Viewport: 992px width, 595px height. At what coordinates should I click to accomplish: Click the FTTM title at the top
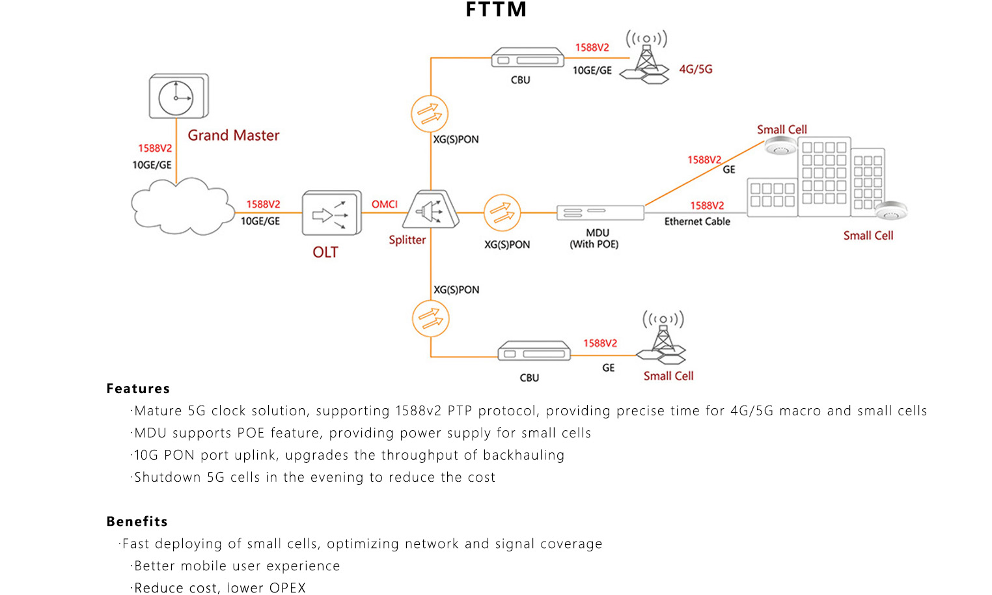pos(496,10)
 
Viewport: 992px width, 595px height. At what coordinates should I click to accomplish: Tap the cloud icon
pos(182,206)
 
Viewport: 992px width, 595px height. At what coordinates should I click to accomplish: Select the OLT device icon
pos(331,213)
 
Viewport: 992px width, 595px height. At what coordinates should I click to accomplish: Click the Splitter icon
pos(431,210)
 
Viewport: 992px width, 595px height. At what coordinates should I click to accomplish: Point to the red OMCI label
pos(384,204)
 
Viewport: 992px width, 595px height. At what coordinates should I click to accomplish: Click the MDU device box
pos(599,212)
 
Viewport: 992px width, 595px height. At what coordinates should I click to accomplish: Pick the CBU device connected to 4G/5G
pos(527,59)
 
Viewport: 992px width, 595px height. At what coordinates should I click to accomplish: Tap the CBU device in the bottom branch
pos(534,352)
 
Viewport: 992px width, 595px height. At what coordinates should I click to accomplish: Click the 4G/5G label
pos(695,69)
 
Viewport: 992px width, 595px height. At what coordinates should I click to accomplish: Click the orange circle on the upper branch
pos(430,114)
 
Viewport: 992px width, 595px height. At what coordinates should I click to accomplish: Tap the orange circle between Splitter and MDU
pos(502,213)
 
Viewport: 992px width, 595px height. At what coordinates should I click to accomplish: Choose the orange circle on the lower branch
pos(430,318)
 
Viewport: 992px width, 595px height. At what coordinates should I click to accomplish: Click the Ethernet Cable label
pos(696,221)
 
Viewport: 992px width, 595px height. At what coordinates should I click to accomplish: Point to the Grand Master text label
pos(233,135)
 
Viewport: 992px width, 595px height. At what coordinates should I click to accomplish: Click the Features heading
pos(138,389)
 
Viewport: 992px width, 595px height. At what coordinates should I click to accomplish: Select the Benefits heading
pos(137,521)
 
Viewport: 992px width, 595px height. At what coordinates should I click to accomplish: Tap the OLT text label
pos(325,252)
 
